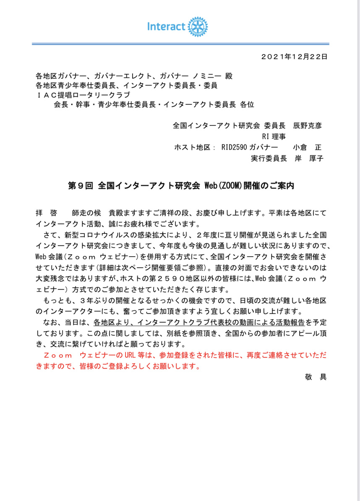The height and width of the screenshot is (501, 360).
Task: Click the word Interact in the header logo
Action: (166, 27)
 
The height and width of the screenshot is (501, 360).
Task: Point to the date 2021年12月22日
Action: (294, 56)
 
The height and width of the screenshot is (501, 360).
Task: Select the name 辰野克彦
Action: (308, 125)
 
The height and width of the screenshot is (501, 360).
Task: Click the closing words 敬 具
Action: (316, 376)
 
